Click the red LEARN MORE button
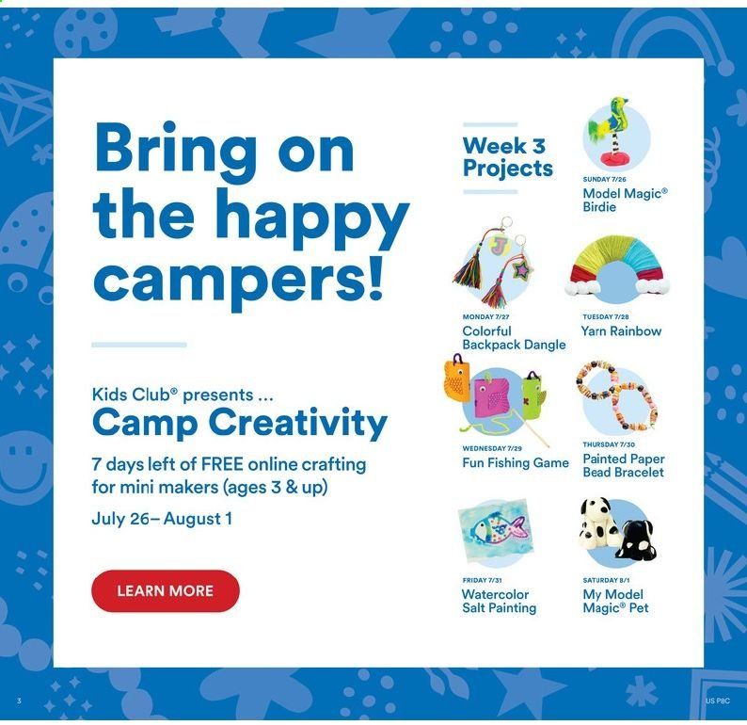[166, 590]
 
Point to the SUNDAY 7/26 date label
[604, 179]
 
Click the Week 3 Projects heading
[507, 157]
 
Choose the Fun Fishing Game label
[516, 462]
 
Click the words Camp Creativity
[240, 424]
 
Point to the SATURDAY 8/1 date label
[606, 580]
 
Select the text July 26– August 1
[162, 519]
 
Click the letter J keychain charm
[499, 247]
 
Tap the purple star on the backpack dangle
[521, 270]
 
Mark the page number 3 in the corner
[19, 701]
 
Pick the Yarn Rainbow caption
[621, 330]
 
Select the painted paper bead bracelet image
[616, 395]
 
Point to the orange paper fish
[456, 379]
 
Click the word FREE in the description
[222, 464]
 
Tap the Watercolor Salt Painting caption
[499, 601]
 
